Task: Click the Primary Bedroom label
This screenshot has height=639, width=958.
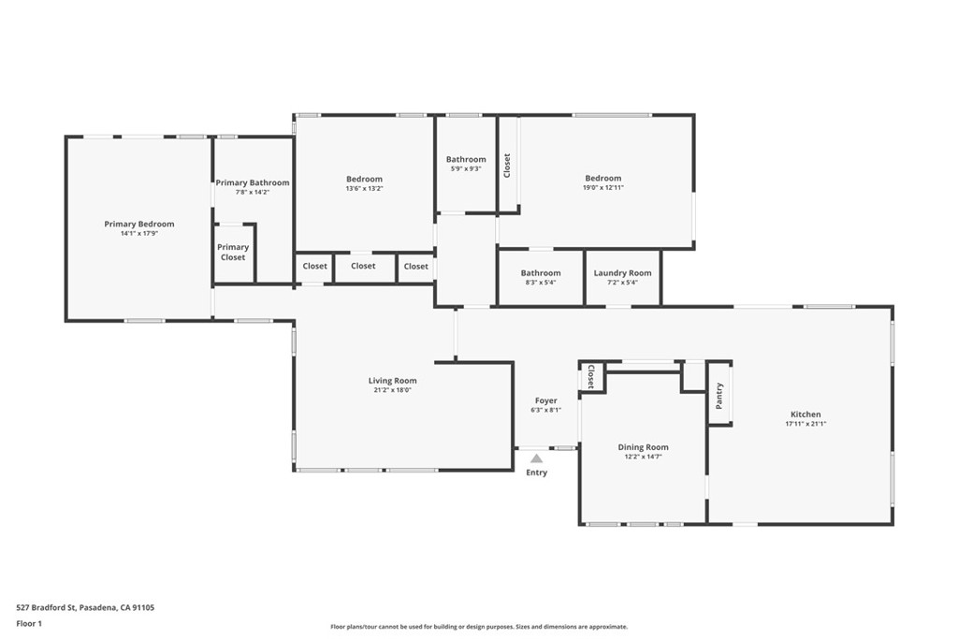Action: [139, 225]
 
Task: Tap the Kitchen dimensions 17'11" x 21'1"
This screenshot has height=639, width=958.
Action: [806, 424]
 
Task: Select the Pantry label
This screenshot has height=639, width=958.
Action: [719, 396]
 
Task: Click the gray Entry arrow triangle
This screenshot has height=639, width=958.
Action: [536, 458]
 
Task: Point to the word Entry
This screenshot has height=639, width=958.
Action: [536, 472]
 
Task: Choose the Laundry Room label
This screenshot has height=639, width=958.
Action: [622, 273]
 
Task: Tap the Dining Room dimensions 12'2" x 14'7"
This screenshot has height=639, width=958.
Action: [643, 457]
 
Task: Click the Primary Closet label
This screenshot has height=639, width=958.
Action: [233, 253]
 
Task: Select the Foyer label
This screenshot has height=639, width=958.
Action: [545, 400]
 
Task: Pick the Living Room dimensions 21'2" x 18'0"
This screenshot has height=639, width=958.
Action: [392, 390]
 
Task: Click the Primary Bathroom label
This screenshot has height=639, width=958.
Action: [253, 182]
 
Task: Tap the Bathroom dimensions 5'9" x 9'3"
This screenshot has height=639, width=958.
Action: [466, 168]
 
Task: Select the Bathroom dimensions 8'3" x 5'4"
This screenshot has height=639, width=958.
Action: [541, 283]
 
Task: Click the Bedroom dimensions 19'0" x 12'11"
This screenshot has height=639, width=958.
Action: [603, 187]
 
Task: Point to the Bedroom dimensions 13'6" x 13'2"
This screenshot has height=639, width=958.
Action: [364, 189]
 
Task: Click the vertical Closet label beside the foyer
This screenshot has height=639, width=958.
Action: [591, 376]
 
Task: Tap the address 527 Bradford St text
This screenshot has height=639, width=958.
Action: [47, 607]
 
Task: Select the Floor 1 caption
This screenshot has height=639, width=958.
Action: [29, 624]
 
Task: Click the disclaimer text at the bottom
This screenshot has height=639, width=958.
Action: [479, 627]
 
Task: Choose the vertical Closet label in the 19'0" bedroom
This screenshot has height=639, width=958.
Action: [506, 166]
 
